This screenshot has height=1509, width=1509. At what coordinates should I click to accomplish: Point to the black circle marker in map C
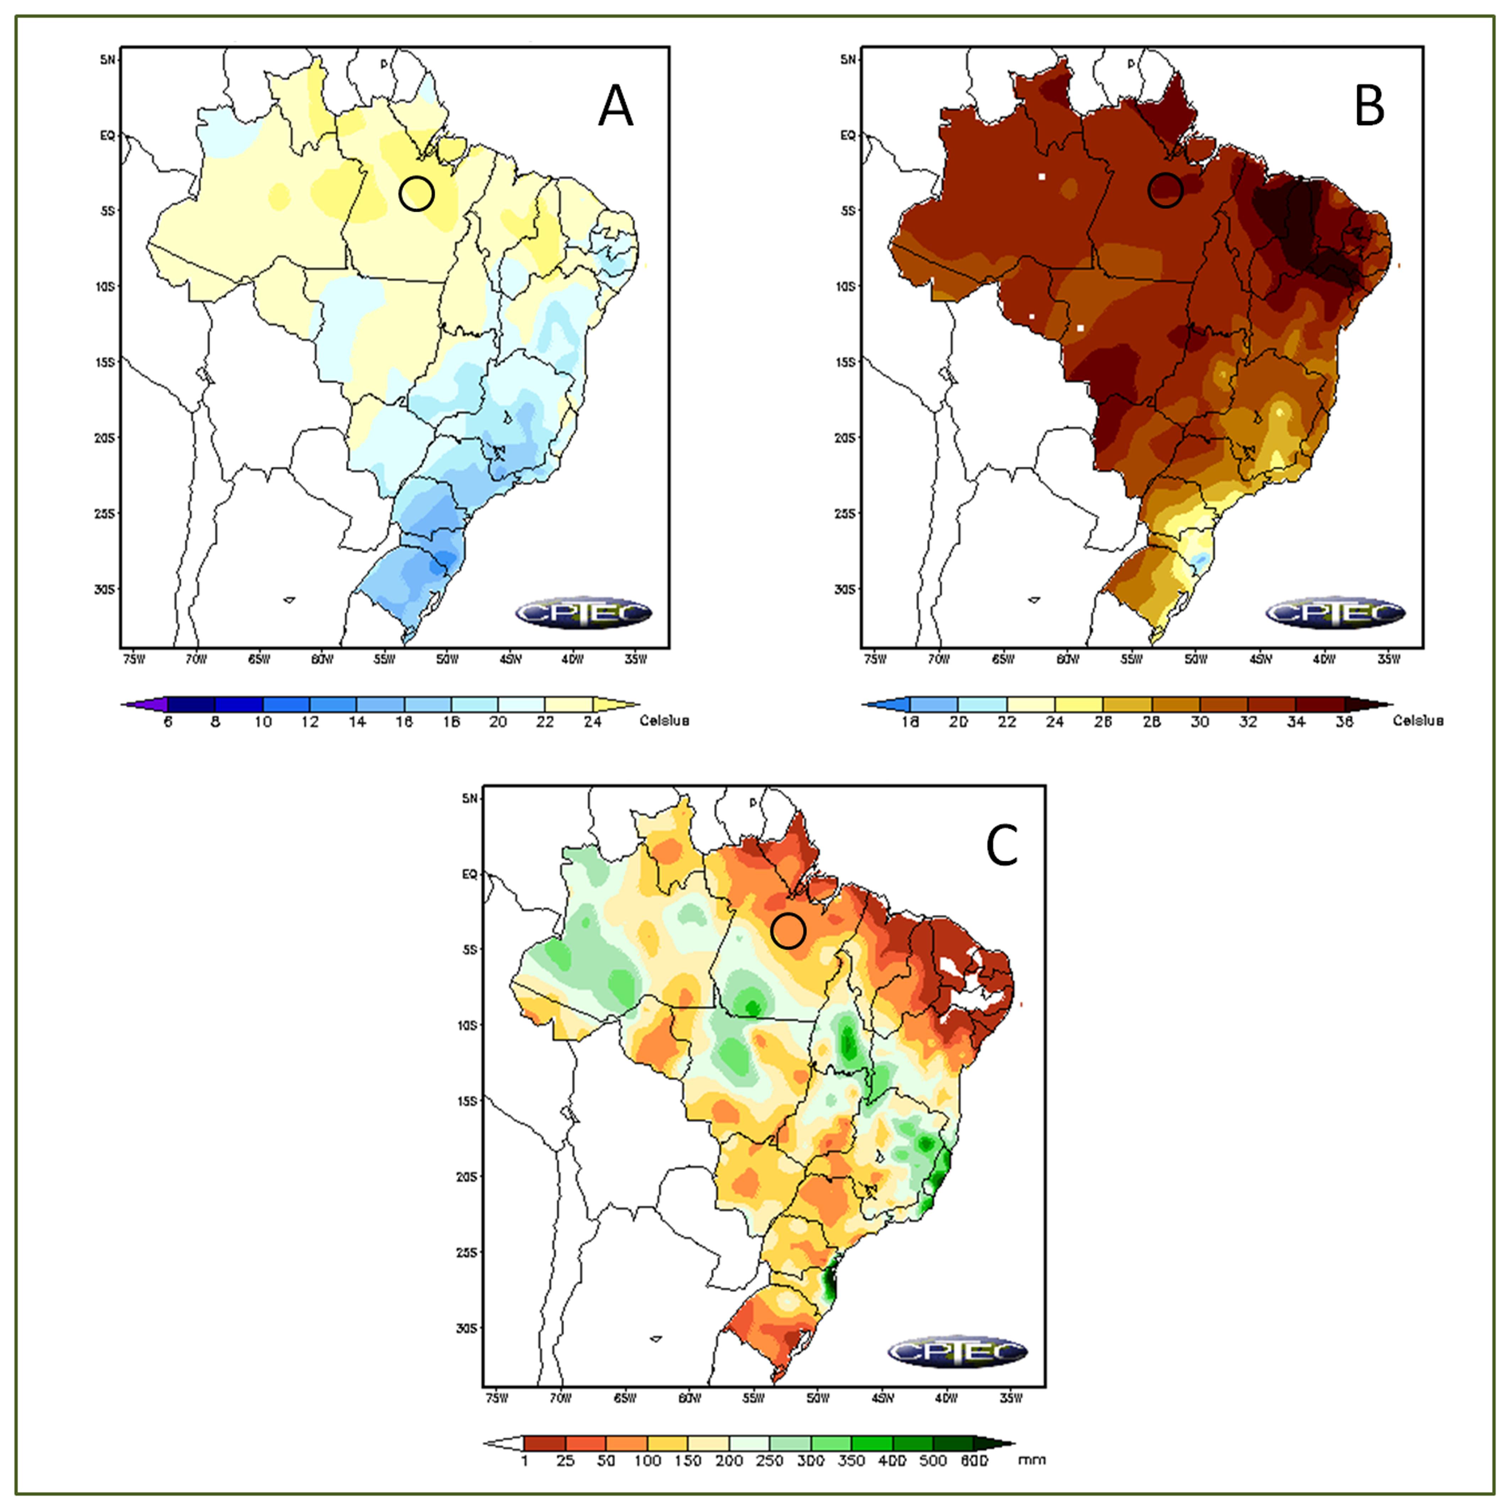[788, 931]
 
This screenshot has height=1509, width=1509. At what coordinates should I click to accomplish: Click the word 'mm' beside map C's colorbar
[1031, 1459]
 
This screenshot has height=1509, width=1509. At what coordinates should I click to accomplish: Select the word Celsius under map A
[664, 720]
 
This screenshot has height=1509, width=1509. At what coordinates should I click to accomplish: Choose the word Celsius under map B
[1418, 720]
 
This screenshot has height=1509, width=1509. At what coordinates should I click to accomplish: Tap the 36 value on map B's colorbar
[1344, 722]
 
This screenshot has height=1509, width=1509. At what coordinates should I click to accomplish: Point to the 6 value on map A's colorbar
[168, 722]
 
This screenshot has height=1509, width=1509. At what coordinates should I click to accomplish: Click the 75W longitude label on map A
[134, 659]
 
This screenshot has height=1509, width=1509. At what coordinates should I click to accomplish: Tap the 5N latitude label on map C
[469, 798]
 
